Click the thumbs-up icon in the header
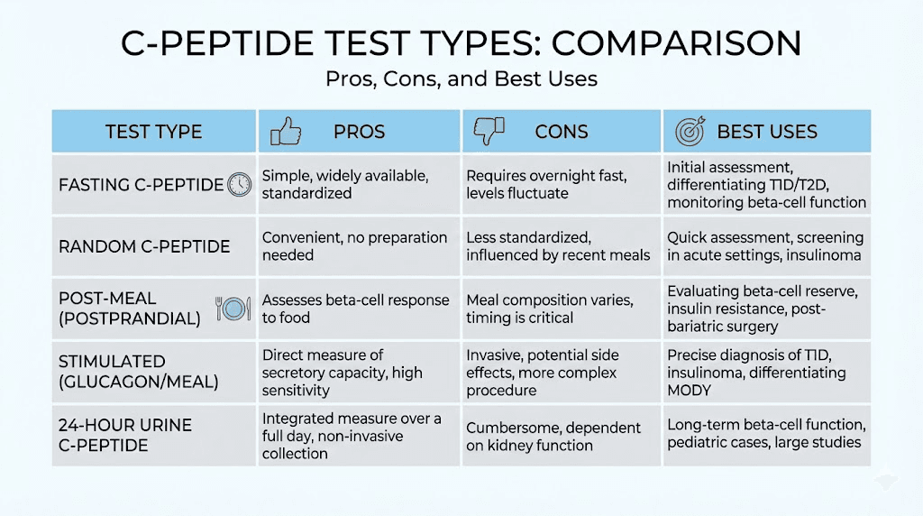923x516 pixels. coord(286,133)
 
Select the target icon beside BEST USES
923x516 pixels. coord(690,133)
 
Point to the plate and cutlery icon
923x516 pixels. coord(233,309)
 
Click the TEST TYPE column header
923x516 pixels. coord(153,132)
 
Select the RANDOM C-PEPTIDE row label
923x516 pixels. coord(144,247)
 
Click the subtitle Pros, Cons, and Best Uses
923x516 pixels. coord(461,78)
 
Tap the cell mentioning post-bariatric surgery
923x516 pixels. coord(766,309)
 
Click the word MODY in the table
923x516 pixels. coord(690,390)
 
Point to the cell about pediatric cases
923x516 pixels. coord(765,434)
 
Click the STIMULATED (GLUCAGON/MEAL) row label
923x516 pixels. coord(138,372)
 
